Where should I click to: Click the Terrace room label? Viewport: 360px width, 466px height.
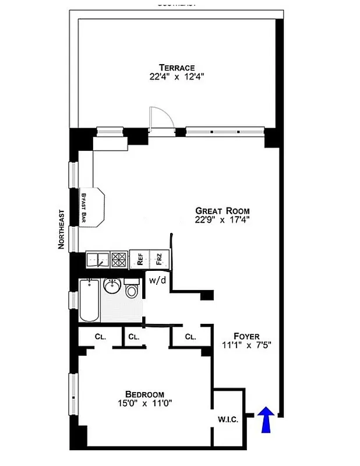tap(177, 68)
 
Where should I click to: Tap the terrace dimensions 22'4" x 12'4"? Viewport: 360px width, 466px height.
tap(177, 77)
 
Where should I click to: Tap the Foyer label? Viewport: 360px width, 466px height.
tap(246, 336)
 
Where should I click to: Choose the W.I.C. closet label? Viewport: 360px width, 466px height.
tap(227, 419)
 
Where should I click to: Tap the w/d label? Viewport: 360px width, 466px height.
tap(157, 280)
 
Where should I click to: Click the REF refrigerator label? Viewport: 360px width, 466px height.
tap(140, 259)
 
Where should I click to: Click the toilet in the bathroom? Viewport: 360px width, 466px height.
tap(132, 290)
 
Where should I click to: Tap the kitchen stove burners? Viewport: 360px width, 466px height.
tap(119, 259)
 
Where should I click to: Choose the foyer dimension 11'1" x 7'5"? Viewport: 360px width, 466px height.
tap(246, 345)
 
